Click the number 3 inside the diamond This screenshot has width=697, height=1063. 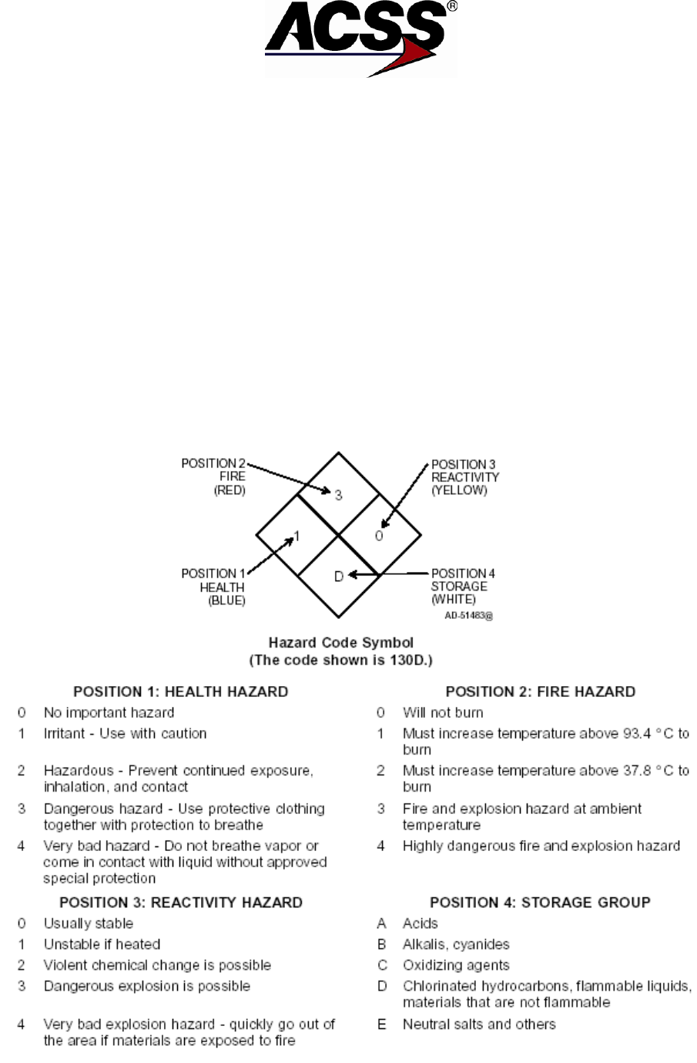pyautogui.click(x=338, y=494)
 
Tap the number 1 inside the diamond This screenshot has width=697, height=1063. pyautogui.click(x=297, y=535)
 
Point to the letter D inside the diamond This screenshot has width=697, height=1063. pyautogui.click(x=338, y=576)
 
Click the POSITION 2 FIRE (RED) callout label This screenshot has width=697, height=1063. pyautogui.click(x=213, y=476)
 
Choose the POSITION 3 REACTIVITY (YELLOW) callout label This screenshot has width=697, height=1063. pyautogui.click(x=464, y=477)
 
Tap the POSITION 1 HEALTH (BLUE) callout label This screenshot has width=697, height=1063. pyautogui.click(x=213, y=587)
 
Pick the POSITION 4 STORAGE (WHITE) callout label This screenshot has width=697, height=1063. pyautogui.click(x=463, y=586)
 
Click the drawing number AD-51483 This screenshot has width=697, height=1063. pyautogui.click(x=468, y=616)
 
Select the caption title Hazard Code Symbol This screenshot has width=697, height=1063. pyautogui.click(x=340, y=642)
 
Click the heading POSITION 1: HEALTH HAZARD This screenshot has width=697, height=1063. pyautogui.click(x=180, y=691)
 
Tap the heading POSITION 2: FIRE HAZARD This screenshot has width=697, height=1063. pyautogui.click(x=541, y=691)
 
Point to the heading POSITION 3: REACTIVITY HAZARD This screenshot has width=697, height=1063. pyautogui.click(x=181, y=902)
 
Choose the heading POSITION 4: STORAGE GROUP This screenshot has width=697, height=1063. pyautogui.click(x=540, y=902)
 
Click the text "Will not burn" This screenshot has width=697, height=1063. pyautogui.click(x=443, y=713)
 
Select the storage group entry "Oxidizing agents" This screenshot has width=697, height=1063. pyautogui.click(x=456, y=965)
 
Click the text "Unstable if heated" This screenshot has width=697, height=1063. pyautogui.click(x=102, y=944)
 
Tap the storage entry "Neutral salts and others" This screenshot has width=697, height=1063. pyautogui.click(x=478, y=1024)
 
